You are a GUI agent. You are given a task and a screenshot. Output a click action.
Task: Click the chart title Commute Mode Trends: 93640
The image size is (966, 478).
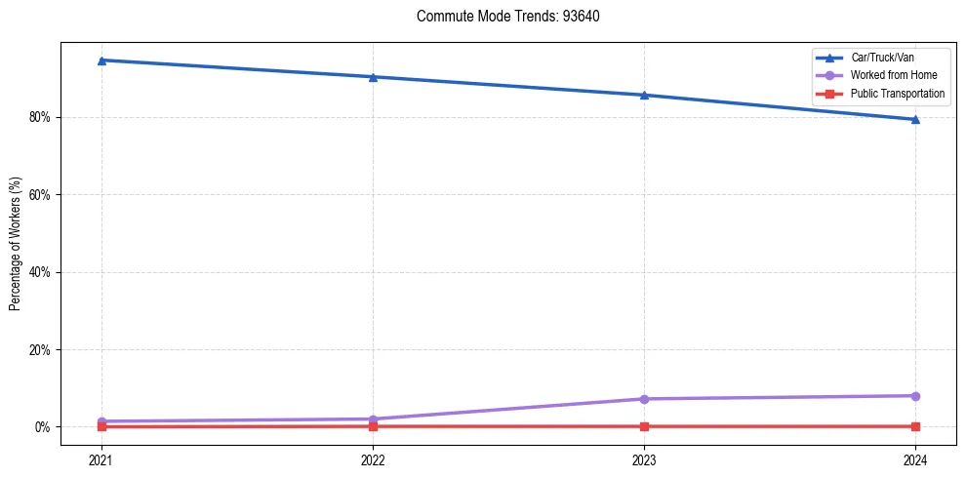click(502, 17)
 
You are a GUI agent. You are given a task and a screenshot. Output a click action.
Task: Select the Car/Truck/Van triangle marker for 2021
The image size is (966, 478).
click(101, 60)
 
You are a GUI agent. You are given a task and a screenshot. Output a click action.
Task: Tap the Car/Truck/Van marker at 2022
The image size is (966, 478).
click(372, 77)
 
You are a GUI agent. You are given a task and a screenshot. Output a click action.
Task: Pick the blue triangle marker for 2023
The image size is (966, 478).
click(644, 95)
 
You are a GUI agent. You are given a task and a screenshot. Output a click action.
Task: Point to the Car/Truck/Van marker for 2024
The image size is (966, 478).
click(915, 119)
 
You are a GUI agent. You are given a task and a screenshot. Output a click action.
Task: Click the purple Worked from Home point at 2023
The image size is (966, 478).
click(644, 399)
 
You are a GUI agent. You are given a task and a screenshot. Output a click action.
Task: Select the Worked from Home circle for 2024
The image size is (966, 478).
click(915, 396)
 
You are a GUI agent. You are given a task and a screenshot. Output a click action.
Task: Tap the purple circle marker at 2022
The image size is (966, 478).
click(372, 419)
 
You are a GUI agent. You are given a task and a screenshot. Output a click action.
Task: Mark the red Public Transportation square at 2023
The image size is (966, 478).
click(644, 426)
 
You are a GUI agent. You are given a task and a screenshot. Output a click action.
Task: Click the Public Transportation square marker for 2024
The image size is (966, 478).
click(915, 426)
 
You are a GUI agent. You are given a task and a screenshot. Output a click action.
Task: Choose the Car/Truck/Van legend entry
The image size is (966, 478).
click(882, 58)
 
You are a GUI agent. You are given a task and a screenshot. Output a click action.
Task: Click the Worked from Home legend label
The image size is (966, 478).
click(892, 75)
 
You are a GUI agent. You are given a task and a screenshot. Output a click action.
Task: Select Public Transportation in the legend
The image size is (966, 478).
click(898, 94)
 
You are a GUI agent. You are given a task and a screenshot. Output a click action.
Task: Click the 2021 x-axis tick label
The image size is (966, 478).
click(101, 459)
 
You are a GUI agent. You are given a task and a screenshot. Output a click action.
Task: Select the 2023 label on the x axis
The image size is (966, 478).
click(644, 459)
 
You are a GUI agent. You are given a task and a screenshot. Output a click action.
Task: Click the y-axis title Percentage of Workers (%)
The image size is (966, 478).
click(15, 244)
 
